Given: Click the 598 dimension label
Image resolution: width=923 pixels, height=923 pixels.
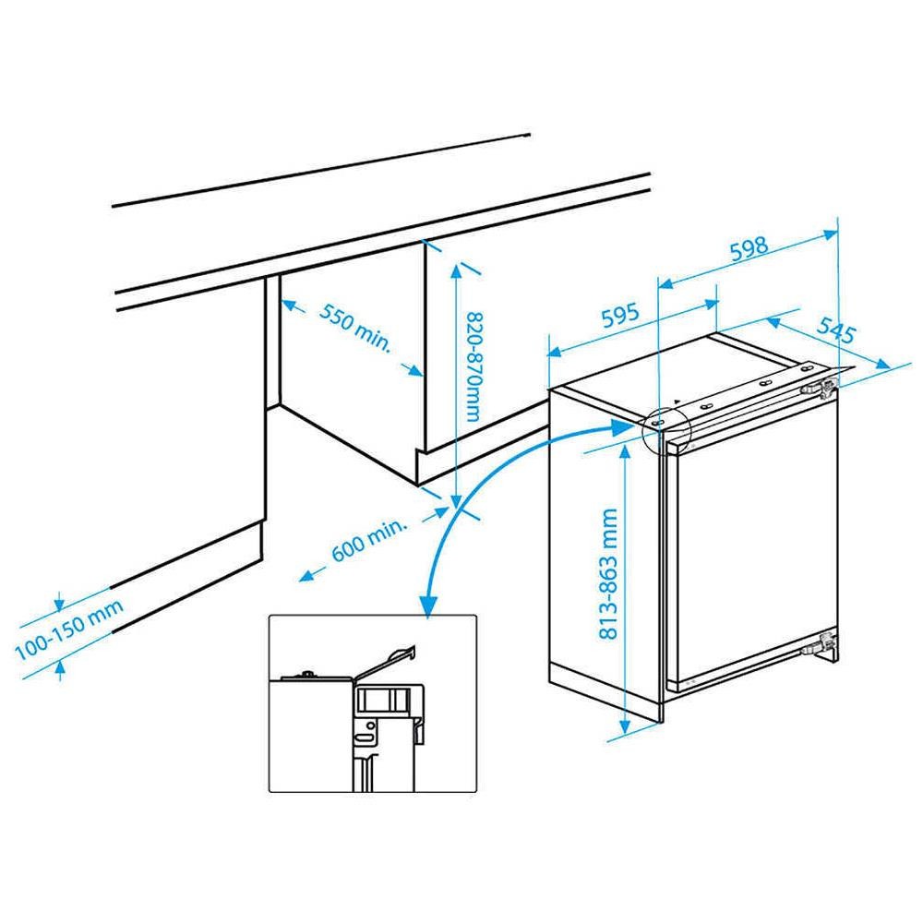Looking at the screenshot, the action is tap(749, 247).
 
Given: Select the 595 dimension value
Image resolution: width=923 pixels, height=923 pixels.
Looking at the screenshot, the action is tap(620, 316).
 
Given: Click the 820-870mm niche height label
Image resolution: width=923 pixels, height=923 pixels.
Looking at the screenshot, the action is tap(473, 366).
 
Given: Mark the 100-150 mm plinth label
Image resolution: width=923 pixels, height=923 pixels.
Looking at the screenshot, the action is tap(69, 629).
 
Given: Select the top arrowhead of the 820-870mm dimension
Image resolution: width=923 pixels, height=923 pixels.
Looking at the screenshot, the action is tap(456, 272).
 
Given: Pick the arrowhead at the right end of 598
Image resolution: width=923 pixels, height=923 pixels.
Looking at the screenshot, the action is tap(830, 234).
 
